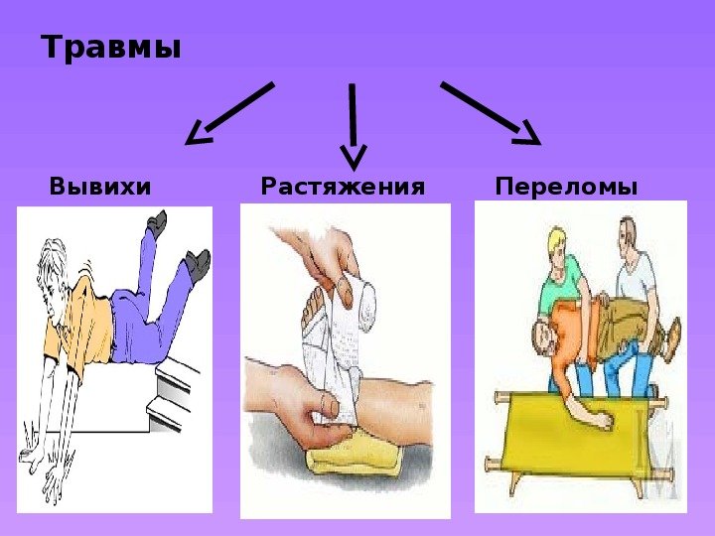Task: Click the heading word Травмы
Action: click(x=111, y=47)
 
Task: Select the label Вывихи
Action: click(x=100, y=186)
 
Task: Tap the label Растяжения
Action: click(x=343, y=186)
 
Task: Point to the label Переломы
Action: click(x=566, y=187)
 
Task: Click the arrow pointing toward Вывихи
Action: click(x=229, y=113)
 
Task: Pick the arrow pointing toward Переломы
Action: click(x=492, y=113)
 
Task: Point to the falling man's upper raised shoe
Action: click(x=157, y=223)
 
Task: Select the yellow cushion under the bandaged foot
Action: click(x=355, y=455)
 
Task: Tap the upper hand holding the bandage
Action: click(x=319, y=255)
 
